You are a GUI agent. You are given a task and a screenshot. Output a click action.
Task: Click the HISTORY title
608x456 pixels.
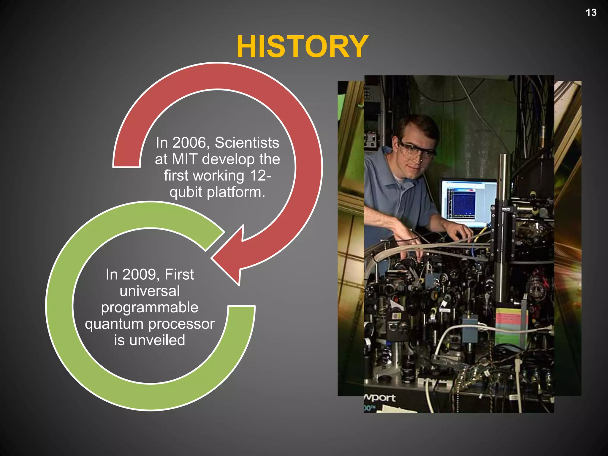click(302, 47)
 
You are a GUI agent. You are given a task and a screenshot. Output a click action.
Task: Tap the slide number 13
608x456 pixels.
click(591, 12)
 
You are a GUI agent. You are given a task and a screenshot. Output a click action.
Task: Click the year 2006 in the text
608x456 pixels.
click(189, 143)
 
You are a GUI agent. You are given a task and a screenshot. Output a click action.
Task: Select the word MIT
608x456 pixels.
click(184, 159)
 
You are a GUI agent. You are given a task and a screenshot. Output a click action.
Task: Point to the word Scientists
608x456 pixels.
click(247, 143)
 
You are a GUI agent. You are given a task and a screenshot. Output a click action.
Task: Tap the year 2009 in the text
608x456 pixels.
click(139, 275)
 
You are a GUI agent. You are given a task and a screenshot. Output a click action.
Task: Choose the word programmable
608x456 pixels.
click(150, 308)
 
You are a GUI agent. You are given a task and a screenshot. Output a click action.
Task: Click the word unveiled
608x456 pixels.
click(157, 341)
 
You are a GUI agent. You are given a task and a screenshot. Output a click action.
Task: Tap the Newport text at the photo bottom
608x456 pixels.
click(380, 398)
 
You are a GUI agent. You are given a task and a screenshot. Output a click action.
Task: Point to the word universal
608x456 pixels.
click(150, 291)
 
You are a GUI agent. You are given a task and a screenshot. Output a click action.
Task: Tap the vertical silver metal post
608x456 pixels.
click(502, 232)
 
